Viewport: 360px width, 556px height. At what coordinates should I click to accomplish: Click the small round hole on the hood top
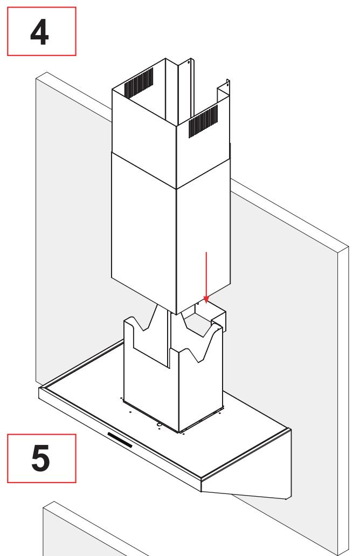click(x=159, y=424)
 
